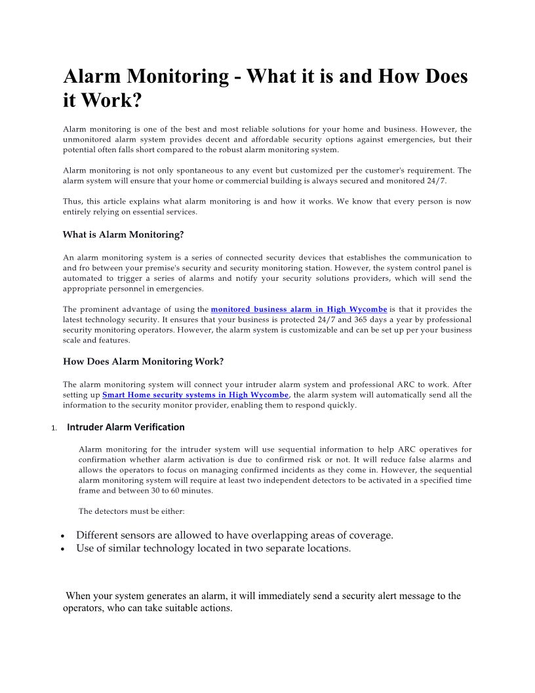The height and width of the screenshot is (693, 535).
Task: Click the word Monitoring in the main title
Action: tap(176, 77)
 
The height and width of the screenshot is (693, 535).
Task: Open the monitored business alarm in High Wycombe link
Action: tap(299, 309)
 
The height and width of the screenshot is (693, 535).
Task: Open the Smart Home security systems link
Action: tap(195, 395)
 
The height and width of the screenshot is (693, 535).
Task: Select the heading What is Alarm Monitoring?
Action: tap(123, 234)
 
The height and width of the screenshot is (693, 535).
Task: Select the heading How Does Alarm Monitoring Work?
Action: tap(144, 362)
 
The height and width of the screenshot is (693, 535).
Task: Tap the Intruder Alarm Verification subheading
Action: tap(126, 427)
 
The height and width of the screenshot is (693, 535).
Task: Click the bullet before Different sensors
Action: tap(62, 536)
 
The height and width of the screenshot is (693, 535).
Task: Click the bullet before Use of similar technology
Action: tap(62, 549)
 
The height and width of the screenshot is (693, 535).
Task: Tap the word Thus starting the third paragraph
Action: tap(71, 201)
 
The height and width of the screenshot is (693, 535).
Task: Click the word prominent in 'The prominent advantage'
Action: tap(100, 309)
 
